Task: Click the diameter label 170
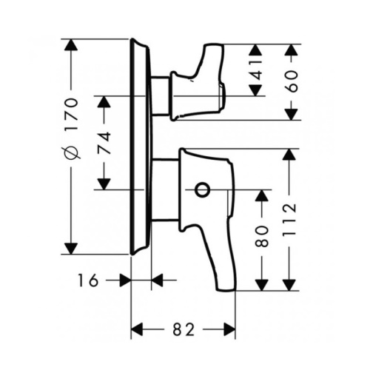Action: pyautogui.click(x=72, y=114)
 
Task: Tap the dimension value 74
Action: pyautogui.click(x=104, y=143)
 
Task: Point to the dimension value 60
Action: pyautogui.click(x=292, y=81)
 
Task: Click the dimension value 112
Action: pyautogui.click(x=289, y=220)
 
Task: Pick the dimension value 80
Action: pyautogui.click(x=262, y=236)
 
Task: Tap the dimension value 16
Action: pyautogui.click(x=88, y=280)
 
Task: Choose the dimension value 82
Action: pyautogui.click(x=184, y=329)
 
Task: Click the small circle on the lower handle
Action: pyautogui.click(x=202, y=190)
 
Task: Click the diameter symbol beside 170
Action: pyautogui.click(x=72, y=152)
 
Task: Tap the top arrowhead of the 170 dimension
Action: pyautogui.click(x=71, y=45)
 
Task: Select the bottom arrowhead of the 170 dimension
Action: pyautogui.click(x=71, y=249)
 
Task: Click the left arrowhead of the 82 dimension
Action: pyautogui.click(x=137, y=329)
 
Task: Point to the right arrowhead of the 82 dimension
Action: pyautogui.click(x=229, y=329)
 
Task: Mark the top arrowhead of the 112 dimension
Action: pyautogui.click(x=289, y=155)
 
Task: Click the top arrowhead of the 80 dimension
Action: pyautogui.click(x=262, y=196)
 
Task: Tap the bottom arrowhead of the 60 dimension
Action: pyautogui.click(x=292, y=114)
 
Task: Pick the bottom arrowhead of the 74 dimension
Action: pyautogui.click(x=104, y=184)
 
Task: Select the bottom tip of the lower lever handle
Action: pyautogui.click(x=226, y=290)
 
